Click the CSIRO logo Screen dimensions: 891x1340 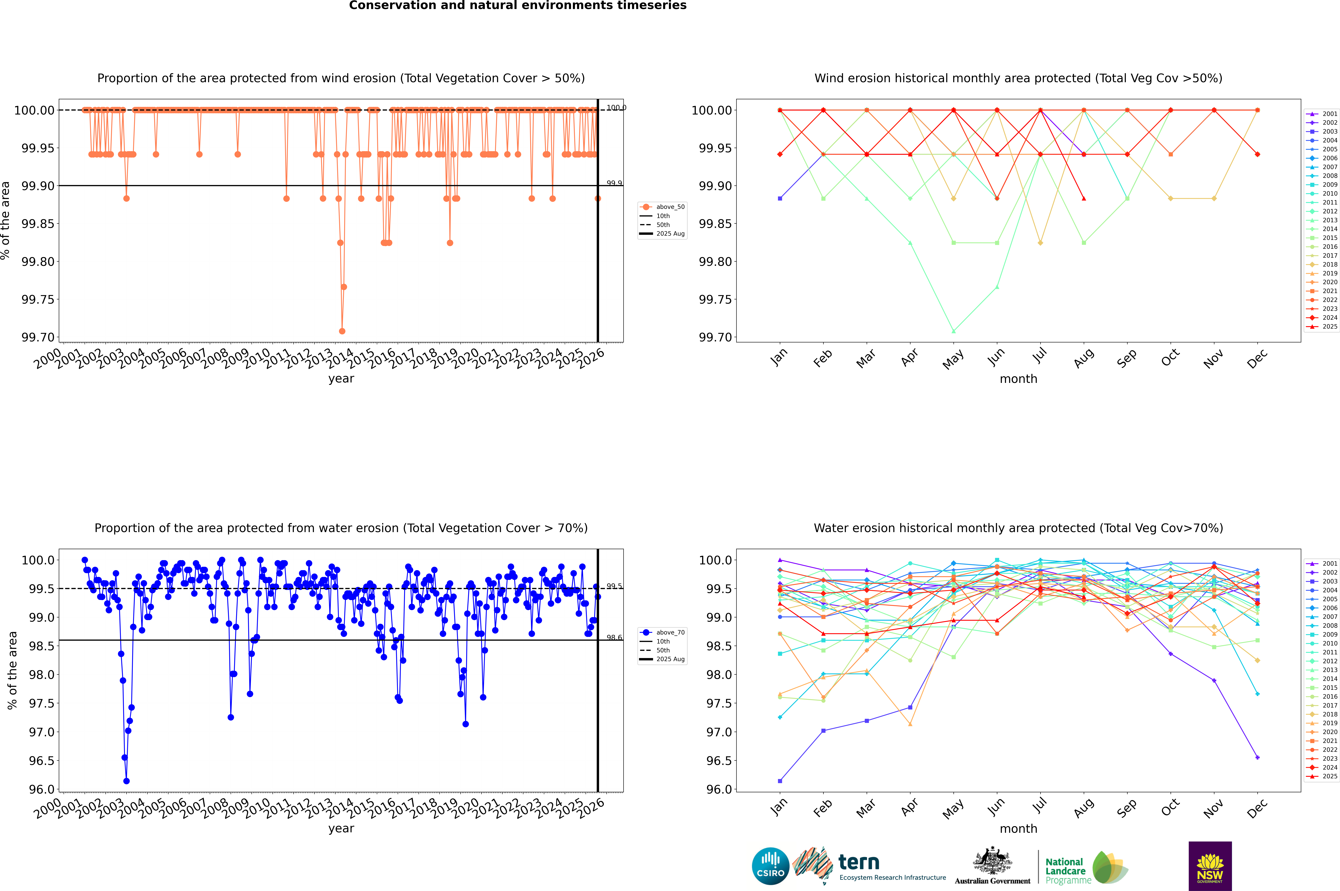(x=770, y=866)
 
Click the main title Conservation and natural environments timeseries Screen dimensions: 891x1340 (x=517, y=6)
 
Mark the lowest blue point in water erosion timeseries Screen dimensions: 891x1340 (x=126, y=781)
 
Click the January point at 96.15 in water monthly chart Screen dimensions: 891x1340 (x=780, y=781)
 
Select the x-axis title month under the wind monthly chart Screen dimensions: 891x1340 (x=1018, y=379)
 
